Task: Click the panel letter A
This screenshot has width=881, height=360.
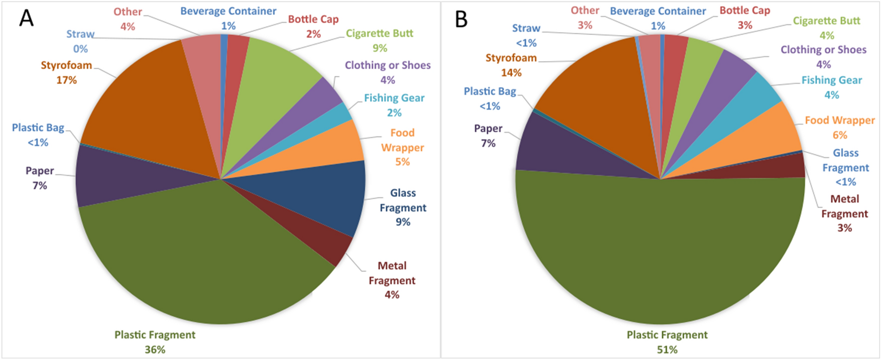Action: tap(26, 18)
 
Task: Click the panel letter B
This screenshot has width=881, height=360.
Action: tap(461, 19)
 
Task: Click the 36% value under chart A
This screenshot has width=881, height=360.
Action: tap(155, 350)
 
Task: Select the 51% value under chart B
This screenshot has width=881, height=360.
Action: tap(667, 350)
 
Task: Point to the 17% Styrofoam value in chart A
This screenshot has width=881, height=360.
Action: tap(66, 80)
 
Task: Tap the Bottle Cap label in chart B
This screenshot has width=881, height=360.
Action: tap(745, 10)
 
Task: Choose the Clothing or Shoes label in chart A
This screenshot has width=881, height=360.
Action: tap(388, 65)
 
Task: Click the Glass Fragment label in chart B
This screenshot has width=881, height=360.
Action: tap(845, 160)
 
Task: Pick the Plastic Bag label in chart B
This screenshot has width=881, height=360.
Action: tap(490, 91)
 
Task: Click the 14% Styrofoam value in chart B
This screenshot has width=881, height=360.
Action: tap(511, 73)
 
